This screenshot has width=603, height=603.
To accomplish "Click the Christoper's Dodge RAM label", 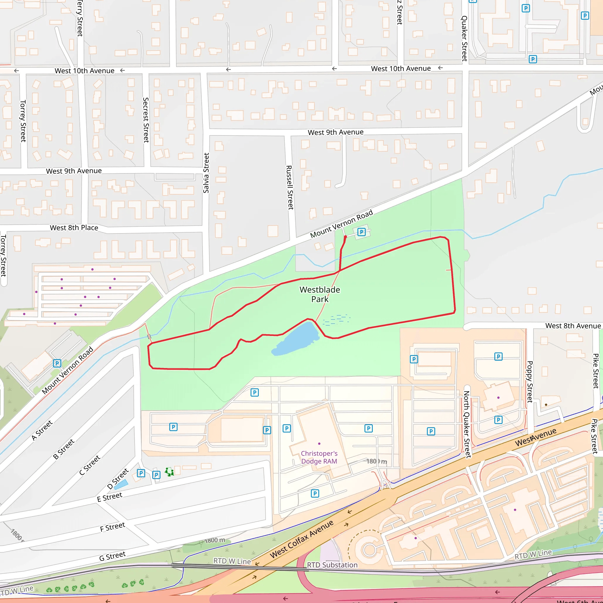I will click(x=319, y=457).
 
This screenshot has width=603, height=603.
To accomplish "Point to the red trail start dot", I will click(x=345, y=237).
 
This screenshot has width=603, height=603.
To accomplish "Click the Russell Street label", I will click(x=290, y=187).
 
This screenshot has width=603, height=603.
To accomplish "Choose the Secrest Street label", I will click(x=146, y=120).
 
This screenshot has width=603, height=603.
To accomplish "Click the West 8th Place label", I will click(x=74, y=228).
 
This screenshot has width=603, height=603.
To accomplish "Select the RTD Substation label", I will click(x=332, y=565).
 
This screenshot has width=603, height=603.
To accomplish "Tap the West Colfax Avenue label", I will click(x=301, y=539).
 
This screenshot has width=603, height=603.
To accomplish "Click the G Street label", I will click(x=112, y=556).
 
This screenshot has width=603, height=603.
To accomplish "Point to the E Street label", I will click(x=110, y=497).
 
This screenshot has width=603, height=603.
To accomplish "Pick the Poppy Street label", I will click(x=530, y=382).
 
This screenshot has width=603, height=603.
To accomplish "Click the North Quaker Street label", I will click(x=467, y=425).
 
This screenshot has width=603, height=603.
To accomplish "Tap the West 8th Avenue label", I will click(x=573, y=326).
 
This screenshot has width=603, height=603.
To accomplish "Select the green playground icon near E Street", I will click(x=170, y=472).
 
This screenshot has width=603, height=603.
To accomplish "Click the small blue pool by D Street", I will click(x=121, y=484).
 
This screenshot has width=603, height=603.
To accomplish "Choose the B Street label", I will click(x=64, y=449).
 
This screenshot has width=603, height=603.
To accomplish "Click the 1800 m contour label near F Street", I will click(x=215, y=540).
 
